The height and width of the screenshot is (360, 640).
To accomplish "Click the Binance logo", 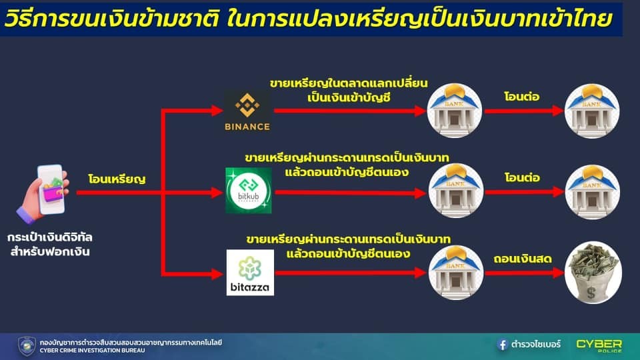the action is click(x=247, y=111).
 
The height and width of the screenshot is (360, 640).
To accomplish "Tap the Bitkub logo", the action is click(x=249, y=190).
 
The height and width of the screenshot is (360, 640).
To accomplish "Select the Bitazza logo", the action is click(x=250, y=272).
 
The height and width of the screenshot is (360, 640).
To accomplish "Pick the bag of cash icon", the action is click(x=593, y=273).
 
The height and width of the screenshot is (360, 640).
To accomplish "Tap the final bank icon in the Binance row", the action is click(x=592, y=111).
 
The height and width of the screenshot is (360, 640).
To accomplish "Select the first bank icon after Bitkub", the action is click(x=455, y=191).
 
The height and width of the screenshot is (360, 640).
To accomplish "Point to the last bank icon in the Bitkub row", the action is click(x=592, y=192).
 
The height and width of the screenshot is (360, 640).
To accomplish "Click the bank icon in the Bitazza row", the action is click(x=456, y=273).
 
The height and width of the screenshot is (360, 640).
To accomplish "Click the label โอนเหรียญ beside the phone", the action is click(x=117, y=179).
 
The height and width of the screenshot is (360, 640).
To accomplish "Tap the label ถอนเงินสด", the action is click(x=523, y=259).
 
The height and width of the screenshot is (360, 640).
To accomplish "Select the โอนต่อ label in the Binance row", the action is click(x=521, y=97).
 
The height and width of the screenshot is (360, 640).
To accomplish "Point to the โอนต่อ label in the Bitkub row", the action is click(x=522, y=177).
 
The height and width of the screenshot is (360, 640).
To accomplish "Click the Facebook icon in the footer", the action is click(x=503, y=345).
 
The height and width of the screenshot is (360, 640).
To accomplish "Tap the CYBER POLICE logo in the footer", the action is click(x=599, y=345).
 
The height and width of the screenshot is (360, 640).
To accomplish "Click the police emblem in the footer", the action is click(x=27, y=346).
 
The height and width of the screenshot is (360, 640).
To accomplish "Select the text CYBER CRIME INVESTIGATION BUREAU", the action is click(x=92, y=350).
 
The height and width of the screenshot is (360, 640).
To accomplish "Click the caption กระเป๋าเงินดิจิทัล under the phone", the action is click(x=50, y=237).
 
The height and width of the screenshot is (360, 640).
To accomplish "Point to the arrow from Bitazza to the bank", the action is click(x=351, y=273).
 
